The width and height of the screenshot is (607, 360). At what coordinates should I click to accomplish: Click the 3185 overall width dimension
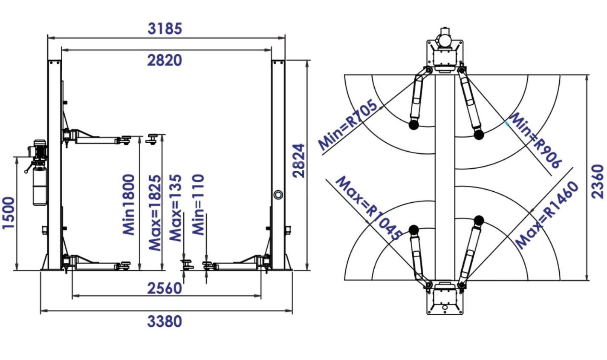pyautogui.click(x=165, y=29)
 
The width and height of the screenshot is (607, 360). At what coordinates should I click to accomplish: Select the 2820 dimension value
pyautogui.click(x=165, y=60)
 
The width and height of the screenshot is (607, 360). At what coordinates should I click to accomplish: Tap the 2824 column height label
pyautogui.click(x=299, y=161)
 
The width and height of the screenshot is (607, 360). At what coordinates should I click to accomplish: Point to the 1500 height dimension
pyautogui.click(x=8, y=213)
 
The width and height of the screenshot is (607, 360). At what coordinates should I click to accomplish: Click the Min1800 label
pyautogui.click(x=128, y=204)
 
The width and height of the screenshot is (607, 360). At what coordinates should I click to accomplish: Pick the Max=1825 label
pyautogui.click(x=155, y=213)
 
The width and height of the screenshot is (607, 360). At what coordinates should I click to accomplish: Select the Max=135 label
pyautogui.click(x=175, y=208)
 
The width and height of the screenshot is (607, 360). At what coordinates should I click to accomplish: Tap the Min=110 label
pyautogui.click(x=198, y=204)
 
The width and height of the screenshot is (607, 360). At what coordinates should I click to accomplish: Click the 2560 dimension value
pyautogui.click(x=165, y=288)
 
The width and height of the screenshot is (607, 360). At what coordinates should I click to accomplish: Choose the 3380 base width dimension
pyautogui.click(x=165, y=322)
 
